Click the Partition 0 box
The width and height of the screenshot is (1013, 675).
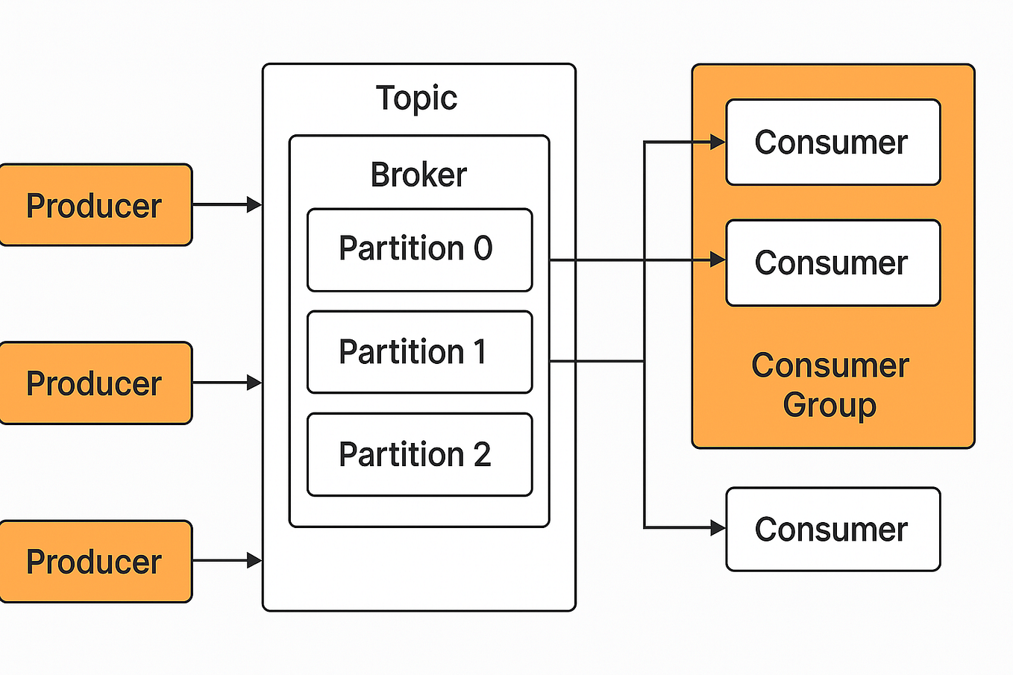pyautogui.click(x=419, y=250)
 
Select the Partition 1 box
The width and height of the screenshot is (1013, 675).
pyautogui.click(x=419, y=352)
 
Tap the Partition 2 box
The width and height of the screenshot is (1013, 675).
pyautogui.click(x=419, y=454)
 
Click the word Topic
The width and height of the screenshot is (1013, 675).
pyautogui.click(x=416, y=98)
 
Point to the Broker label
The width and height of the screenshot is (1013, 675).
pyautogui.click(x=418, y=175)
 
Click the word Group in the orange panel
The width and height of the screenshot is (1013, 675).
pyautogui.click(x=829, y=406)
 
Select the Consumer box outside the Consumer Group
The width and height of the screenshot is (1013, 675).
pyautogui.click(x=832, y=530)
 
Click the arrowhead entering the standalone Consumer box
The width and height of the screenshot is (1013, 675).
pyautogui.click(x=718, y=528)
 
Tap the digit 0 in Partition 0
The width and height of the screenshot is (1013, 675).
pyautogui.click(x=483, y=248)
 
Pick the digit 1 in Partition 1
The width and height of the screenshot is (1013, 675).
pyautogui.click(x=479, y=352)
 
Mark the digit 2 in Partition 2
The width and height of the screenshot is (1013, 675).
pyautogui.click(x=482, y=454)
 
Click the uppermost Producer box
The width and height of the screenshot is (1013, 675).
pyautogui.click(x=95, y=205)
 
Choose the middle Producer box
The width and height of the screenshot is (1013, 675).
pyautogui.click(x=95, y=383)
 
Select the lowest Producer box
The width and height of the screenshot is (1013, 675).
pyautogui.click(x=95, y=562)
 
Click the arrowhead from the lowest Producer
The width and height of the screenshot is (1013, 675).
pyautogui.click(x=254, y=561)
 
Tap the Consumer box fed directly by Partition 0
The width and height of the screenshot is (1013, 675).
pyautogui.click(x=832, y=263)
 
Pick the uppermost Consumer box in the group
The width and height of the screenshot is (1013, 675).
pyautogui.click(x=832, y=142)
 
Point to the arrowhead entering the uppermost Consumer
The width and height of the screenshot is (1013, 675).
pyautogui.click(x=718, y=142)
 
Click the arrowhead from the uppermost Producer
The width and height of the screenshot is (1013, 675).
pyautogui.click(x=254, y=204)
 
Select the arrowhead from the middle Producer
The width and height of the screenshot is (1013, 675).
pyautogui.click(x=254, y=383)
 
